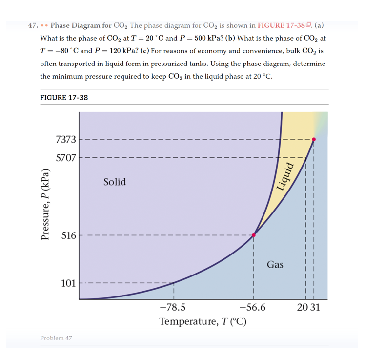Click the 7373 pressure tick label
(66, 139)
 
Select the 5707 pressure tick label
(66, 158)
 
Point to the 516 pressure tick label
(68, 235)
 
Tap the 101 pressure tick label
(68, 283)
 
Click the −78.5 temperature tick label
(172, 308)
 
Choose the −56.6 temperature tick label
(253, 308)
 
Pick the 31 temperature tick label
(315, 308)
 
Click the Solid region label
(115, 182)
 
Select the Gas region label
(275, 264)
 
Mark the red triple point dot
(254, 235)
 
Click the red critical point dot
(313, 139)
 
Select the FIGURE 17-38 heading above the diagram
(64, 97)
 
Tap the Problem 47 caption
(56, 338)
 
